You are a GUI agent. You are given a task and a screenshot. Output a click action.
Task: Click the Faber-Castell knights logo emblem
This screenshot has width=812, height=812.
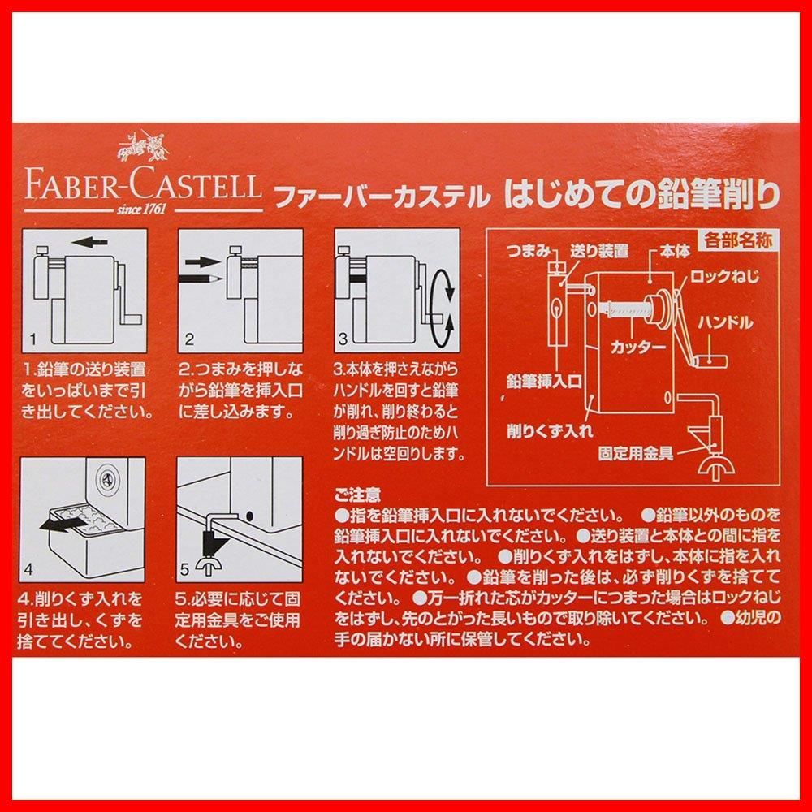tap(142, 147)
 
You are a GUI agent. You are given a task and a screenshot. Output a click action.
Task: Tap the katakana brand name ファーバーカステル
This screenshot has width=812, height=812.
tap(382, 197)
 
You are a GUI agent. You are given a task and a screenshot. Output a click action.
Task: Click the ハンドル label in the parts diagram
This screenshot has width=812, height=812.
tap(725, 323)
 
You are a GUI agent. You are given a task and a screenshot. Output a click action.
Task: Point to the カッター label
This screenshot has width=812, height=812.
tap(637, 347)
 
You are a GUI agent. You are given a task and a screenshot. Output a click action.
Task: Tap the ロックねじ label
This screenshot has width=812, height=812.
tap(724, 276)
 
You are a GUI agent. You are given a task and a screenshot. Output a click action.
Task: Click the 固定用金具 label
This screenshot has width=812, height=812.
tap(636, 454)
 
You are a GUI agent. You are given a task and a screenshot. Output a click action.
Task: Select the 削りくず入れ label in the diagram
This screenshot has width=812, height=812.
tap(550, 431)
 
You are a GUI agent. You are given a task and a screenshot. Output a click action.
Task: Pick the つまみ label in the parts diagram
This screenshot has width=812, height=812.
tap(528, 251)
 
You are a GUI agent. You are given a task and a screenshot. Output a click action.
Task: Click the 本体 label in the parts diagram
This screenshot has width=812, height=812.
tap(675, 252)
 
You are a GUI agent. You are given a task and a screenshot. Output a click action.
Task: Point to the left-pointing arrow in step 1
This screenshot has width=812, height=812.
tap(89, 242)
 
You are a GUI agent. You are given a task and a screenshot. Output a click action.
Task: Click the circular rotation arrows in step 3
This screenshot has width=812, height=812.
tap(444, 307)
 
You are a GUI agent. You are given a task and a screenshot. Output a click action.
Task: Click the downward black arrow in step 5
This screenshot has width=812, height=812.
tap(214, 544)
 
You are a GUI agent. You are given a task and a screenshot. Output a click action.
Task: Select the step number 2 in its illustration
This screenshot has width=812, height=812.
tap(189, 339)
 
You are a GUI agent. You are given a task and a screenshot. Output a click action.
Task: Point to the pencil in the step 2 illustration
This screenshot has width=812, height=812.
tap(201, 279)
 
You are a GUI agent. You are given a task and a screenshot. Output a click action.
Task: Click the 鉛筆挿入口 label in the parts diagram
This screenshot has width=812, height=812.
tap(544, 382)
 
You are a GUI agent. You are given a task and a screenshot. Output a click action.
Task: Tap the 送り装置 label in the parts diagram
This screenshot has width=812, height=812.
tap(599, 251)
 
